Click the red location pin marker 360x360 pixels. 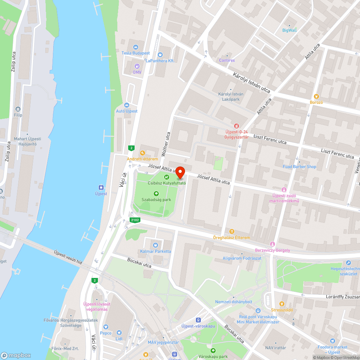[180, 172]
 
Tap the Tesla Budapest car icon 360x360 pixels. [136, 47]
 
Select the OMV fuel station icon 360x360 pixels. [137, 66]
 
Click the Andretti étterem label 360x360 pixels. [142, 159]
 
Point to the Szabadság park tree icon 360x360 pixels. [156, 193]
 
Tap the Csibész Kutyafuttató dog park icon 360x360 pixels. [167, 177]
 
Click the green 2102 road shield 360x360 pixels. [135, 220]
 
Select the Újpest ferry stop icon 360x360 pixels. [101, 187]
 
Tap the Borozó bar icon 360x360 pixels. [316, 96]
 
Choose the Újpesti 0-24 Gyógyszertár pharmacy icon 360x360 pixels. [237, 126]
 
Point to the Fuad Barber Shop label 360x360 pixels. [300, 167]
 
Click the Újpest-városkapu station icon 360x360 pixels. [198, 320]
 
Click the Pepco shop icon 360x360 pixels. [106, 327]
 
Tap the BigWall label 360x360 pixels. [289, 30]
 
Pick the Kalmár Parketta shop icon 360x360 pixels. [156, 245]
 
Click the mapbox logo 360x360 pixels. [16, 355]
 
